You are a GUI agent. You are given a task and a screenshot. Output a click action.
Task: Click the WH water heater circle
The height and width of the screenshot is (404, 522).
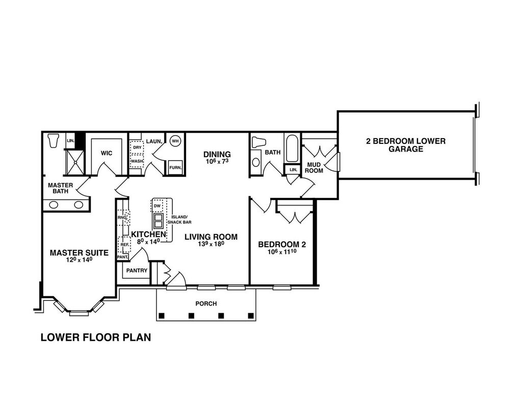pyautogui.click(x=175, y=141)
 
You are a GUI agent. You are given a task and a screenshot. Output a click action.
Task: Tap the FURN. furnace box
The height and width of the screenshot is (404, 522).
pyautogui.click(x=175, y=167)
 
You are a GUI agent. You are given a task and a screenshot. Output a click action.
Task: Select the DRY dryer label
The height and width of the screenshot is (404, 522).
pyautogui.click(x=137, y=147)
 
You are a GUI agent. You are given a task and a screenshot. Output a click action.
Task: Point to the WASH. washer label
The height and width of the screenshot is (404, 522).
pyautogui.click(x=137, y=161)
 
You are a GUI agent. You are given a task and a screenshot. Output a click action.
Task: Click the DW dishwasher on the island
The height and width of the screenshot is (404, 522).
pyautogui.click(x=157, y=206)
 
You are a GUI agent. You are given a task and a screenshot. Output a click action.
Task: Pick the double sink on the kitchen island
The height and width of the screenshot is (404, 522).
pyautogui.click(x=158, y=220)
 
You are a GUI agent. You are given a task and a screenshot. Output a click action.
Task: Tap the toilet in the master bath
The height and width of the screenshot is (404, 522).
pyautogui.click(x=53, y=141)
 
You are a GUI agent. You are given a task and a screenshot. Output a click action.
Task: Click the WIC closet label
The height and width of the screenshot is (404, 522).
pyautogui.click(x=107, y=153)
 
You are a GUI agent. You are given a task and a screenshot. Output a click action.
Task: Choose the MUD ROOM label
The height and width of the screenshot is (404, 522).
pyautogui.click(x=314, y=167)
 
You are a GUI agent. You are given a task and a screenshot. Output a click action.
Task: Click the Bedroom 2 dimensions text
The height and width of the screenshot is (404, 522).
pyautogui.click(x=282, y=251)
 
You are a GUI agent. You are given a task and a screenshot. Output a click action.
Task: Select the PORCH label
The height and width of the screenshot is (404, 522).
pyautogui.click(x=206, y=304)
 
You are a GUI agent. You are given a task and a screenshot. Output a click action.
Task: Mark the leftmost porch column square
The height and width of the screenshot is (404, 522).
pyautogui.click(x=162, y=315)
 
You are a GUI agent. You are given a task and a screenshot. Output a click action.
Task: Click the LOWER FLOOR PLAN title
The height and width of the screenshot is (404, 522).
pyautogui.click(x=96, y=337)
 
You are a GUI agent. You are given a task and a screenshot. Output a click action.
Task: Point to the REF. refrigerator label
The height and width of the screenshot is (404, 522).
pyautogui.click(x=125, y=244)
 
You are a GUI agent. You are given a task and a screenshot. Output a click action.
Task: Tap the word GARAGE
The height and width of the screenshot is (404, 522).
pyautogui.click(x=406, y=149)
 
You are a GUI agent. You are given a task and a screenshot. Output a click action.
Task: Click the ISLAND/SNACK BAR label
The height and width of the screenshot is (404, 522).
pyautogui.click(x=179, y=219)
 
